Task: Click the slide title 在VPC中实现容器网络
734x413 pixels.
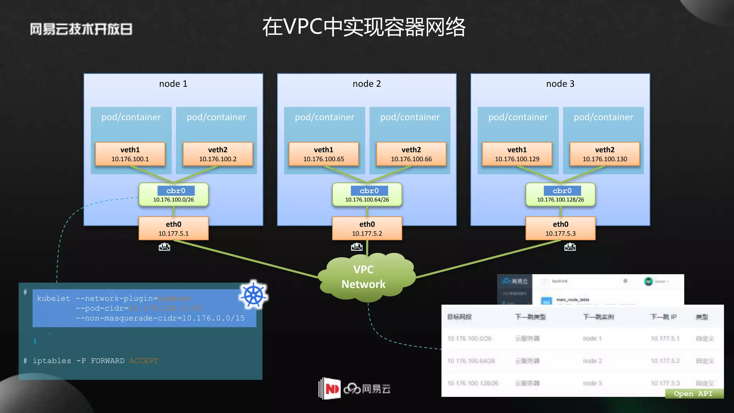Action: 363,27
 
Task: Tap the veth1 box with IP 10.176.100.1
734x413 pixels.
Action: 130,154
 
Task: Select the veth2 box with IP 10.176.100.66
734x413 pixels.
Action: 411,154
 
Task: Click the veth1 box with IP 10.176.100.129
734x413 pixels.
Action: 517,154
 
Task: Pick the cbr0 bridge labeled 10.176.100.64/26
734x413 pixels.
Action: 367,195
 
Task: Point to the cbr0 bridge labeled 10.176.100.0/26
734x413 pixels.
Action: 173,195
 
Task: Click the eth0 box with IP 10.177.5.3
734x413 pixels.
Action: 560,228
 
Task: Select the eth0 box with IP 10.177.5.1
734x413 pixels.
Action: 173,228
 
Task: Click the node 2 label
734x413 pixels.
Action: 367,84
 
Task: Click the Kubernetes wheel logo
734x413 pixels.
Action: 254,295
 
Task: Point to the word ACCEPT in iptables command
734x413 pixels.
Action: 144,361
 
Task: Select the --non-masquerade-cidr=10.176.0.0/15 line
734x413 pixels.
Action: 160,318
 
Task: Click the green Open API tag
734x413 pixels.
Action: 694,394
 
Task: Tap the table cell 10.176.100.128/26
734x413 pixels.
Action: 473,383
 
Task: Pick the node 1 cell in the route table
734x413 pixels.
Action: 592,338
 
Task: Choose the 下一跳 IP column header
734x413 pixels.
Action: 663,317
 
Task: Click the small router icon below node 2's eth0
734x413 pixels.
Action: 357,247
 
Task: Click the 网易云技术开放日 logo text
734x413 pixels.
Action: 81,29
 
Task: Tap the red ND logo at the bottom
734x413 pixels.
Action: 331,389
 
